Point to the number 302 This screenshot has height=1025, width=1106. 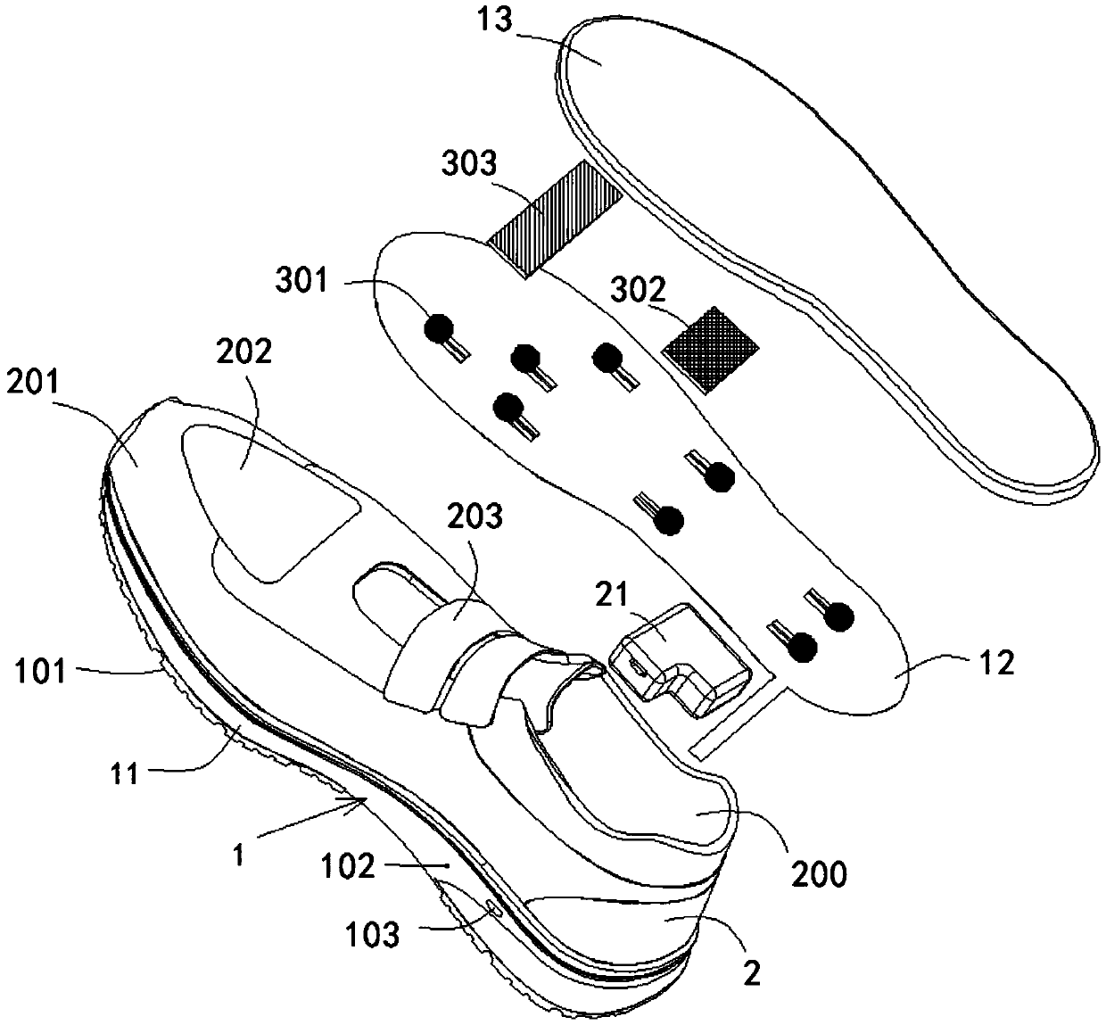(640, 289)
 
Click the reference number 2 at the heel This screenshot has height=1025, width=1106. (753, 973)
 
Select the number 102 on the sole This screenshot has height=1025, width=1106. (351, 866)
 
